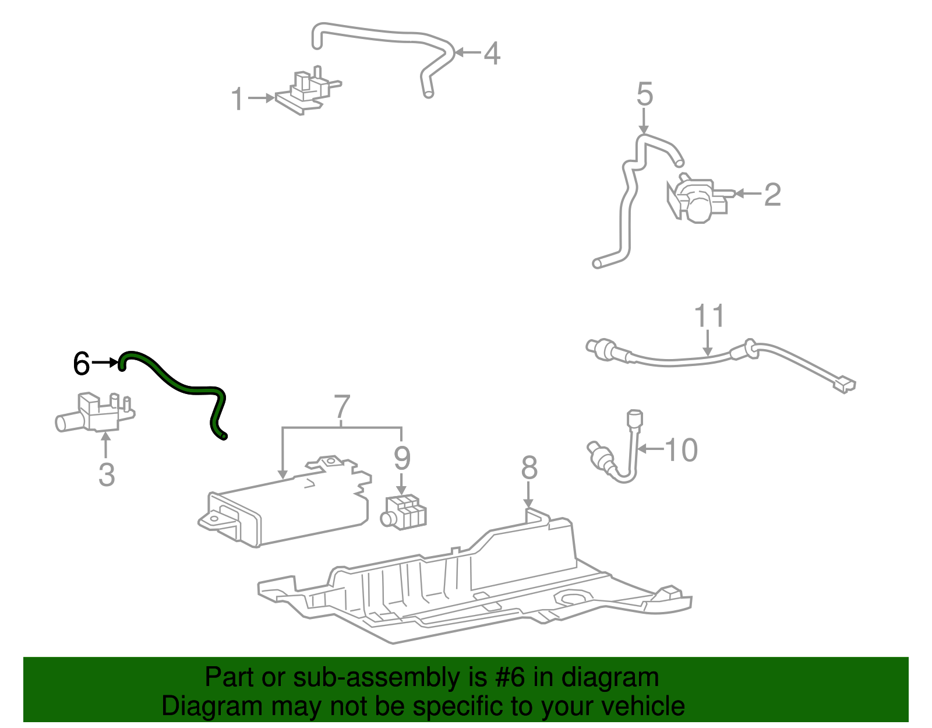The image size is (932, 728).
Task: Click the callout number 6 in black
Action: [82, 364]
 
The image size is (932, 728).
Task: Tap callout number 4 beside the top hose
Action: [492, 54]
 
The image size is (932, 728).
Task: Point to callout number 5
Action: [644, 94]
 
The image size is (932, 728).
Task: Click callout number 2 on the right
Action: [772, 194]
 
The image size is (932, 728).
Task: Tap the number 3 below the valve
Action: [107, 474]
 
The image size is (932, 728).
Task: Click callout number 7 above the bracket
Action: [342, 407]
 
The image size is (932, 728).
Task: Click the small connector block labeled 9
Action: [404, 512]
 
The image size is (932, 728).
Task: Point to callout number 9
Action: [402, 458]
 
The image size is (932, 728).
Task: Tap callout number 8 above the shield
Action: [529, 467]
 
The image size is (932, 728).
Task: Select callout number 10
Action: [681, 450]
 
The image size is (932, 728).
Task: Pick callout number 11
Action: [709, 316]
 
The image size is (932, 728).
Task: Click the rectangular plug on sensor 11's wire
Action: [843, 385]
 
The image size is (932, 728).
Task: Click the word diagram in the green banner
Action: [610, 678]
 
